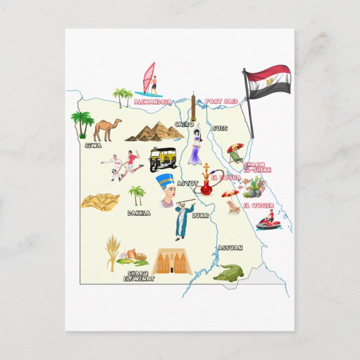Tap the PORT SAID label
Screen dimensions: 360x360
tap(221, 101)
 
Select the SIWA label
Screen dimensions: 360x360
tap(93, 146)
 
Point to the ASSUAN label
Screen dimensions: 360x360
tap(230, 247)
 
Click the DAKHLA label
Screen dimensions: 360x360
tap(139, 213)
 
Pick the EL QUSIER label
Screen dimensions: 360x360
tap(258, 205)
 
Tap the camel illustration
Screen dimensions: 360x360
tap(107, 129)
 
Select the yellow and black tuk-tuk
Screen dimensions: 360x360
tap(162, 159)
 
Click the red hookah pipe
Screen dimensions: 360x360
tap(206, 182)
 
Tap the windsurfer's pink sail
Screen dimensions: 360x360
tap(148, 78)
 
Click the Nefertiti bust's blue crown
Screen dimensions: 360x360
tap(165, 180)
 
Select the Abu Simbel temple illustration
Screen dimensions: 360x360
tap(172, 262)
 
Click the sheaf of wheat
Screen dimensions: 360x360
tap(113, 251)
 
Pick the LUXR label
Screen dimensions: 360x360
tap(200, 215)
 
